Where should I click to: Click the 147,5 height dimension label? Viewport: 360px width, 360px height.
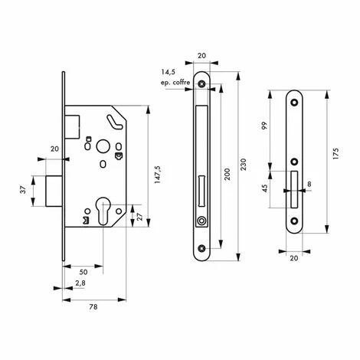(158, 175)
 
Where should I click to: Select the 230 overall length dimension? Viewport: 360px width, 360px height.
(244, 165)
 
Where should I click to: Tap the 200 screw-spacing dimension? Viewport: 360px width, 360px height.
(227, 175)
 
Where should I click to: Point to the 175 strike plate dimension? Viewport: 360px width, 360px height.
(335, 154)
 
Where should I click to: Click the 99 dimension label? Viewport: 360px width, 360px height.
(265, 126)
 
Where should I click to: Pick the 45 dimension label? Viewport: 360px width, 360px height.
(265, 188)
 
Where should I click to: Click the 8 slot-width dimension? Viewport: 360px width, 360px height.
(309, 184)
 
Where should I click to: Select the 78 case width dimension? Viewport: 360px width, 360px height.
(93, 307)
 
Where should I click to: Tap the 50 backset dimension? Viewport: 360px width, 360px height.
(83, 272)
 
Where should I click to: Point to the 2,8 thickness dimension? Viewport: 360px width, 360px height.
(80, 283)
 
